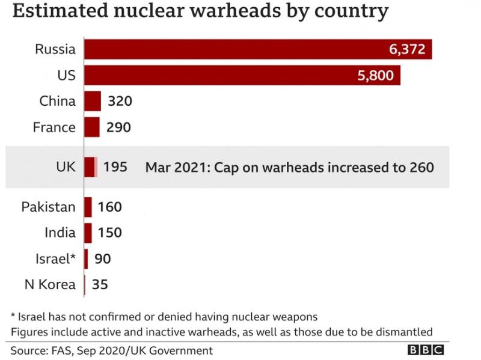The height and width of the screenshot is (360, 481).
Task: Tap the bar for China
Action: pos(93,101)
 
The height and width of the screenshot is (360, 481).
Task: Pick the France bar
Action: pos(92,127)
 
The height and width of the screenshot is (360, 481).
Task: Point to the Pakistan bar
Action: pos(88,207)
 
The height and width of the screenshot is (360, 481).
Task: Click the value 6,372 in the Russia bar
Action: pos(408,50)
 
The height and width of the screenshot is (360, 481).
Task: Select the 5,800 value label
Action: pos(376,76)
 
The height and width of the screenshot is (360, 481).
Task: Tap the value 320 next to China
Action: pos(120,101)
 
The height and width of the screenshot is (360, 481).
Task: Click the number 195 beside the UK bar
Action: pos(115,166)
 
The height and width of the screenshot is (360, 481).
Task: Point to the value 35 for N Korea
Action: pos(100,284)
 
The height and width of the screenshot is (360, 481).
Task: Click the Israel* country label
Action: pos(55,258)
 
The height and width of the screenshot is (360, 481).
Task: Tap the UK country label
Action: pos(65,166)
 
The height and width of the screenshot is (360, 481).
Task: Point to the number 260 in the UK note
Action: pos(421,166)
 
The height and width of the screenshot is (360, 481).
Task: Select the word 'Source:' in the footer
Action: pos(29,350)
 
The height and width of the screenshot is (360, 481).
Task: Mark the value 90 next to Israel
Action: pos(103,258)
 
